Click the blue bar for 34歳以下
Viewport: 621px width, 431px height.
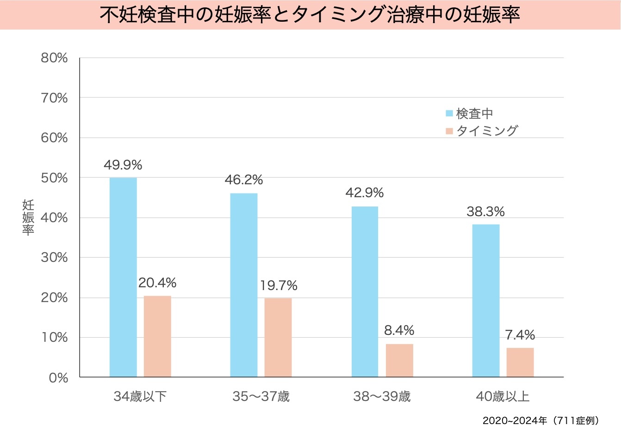123,277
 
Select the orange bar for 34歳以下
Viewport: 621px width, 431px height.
157,336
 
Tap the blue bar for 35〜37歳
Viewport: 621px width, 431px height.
244,285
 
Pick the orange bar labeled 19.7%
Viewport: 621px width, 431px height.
278,338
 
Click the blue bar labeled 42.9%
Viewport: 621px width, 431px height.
365,291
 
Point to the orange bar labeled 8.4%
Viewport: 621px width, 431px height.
399,360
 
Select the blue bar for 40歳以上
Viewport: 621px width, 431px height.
486,301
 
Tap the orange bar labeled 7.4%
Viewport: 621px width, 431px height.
520,362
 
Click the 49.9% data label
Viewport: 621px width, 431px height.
123,165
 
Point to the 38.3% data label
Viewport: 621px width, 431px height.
485,212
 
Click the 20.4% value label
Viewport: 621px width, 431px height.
157,283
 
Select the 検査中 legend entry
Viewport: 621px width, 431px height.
470,114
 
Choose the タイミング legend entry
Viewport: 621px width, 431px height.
482,131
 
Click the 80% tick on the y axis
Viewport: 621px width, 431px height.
54,58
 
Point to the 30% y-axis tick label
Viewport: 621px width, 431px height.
54,258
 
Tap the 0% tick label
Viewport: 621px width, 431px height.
58,378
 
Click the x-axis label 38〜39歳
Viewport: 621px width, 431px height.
382,396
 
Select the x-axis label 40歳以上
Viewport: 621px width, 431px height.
503,396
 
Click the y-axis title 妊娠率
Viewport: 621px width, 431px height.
28,218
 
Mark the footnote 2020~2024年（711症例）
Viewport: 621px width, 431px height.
541,421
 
